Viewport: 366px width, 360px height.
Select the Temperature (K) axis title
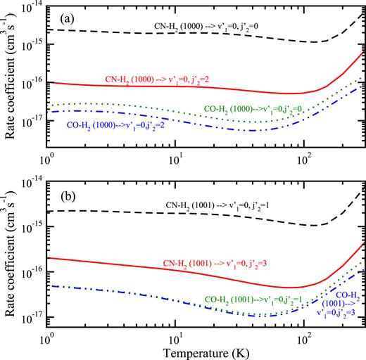205,349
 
